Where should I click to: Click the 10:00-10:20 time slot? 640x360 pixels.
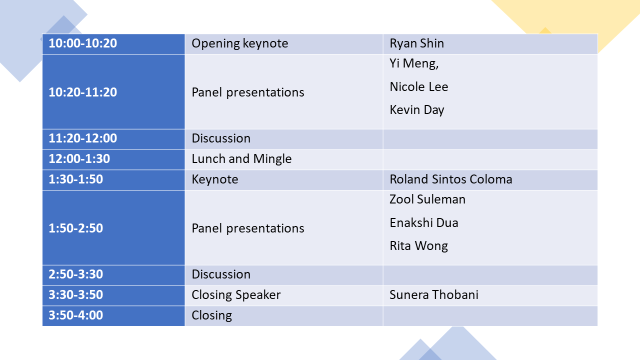(x=83, y=43)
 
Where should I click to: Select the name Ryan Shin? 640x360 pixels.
(x=417, y=43)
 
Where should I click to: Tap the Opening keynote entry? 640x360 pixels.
(x=239, y=43)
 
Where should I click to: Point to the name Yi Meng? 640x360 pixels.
(x=414, y=63)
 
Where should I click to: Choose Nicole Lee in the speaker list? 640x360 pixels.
(x=419, y=87)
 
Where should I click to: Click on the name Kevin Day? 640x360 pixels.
(x=417, y=110)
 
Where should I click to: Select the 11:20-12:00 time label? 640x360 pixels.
(x=83, y=138)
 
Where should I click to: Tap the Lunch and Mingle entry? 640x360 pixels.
(x=241, y=159)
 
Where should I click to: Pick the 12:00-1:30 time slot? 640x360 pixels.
(x=79, y=159)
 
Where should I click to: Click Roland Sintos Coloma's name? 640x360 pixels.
(x=451, y=179)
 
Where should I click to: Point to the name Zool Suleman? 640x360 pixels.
(x=427, y=199)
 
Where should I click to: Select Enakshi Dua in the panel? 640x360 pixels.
(x=424, y=223)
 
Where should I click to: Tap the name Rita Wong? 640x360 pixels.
(x=419, y=246)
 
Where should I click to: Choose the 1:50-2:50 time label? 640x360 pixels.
(x=75, y=228)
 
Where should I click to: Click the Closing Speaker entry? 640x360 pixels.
(x=236, y=295)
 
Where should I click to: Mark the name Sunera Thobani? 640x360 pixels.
(x=434, y=295)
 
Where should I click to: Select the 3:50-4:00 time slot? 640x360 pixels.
(x=75, y=315)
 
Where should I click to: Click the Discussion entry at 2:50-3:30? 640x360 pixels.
(x=221, y=274)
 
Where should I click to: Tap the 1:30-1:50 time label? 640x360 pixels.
(x=75, y=179)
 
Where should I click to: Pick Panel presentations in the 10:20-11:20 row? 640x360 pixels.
(x=248, y=92)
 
